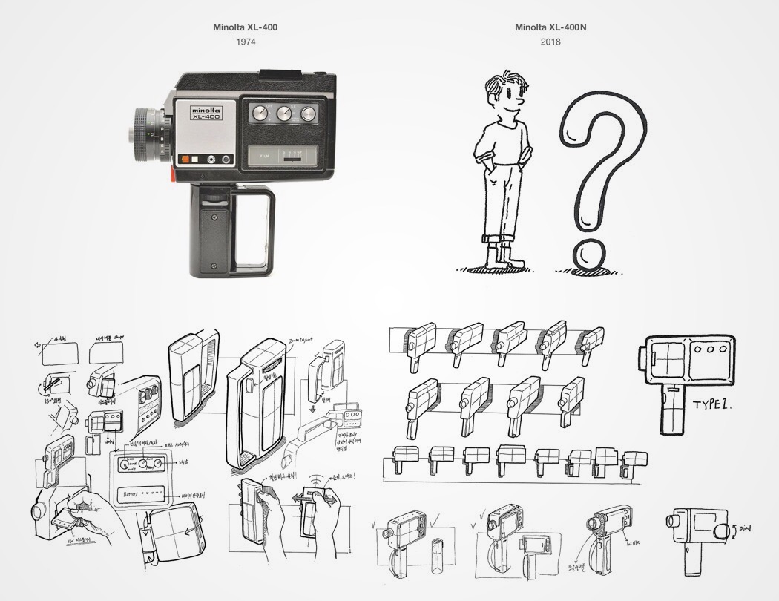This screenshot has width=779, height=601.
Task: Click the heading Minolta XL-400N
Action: pyautogui.click(x=550, y=27)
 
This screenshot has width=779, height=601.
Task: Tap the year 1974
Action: pyautogui.click(x=246, y=42)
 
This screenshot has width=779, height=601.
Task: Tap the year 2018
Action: pyautogui.click(x=550, y=42)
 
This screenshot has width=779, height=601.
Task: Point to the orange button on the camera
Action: pyautogui.click(x=183, y=159)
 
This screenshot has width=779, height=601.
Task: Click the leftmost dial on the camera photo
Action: pyautogui.click(x=260, y=113)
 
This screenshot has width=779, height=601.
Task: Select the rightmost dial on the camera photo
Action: pyautogui.click(x=306, y=113)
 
